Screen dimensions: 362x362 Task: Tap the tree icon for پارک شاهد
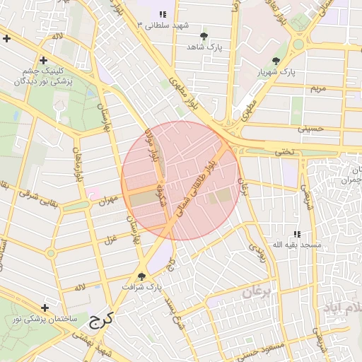[x=204, y=35]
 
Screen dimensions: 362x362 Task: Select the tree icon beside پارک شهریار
[x=276, y=61]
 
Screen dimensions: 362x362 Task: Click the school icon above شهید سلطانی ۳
[x=163, y=14]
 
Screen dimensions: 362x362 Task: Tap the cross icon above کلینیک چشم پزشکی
[x=44, y=61]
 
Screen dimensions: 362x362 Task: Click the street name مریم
[x=319, y=88]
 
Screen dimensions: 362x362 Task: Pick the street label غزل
[x=110, y=239]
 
